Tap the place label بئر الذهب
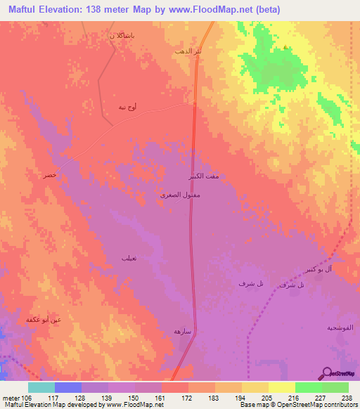tap(188, 52)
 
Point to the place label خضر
tap(49, 174)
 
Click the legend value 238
tap(344, 397)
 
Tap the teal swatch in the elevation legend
tap(41, 387)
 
